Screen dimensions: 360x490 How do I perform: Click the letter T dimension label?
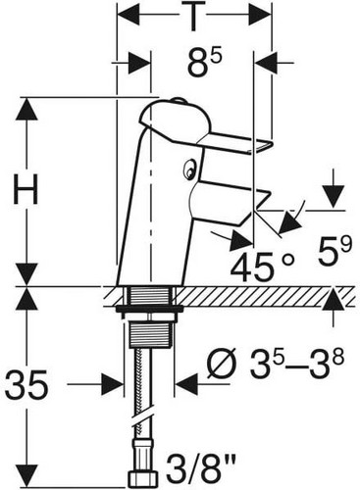coord(194,17)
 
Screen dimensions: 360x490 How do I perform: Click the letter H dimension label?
coord(26,189)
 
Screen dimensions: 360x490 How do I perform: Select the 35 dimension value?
coord(26,385)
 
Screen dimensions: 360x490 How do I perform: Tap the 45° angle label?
coord(262,267)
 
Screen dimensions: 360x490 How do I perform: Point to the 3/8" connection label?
coord(201,469)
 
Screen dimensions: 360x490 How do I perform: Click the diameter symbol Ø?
coord(223,364)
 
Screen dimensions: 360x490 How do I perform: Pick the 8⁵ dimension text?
coord(205,63)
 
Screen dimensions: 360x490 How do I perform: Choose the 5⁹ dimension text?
coord(334,252)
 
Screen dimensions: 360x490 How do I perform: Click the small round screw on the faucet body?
coord(188,170)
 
